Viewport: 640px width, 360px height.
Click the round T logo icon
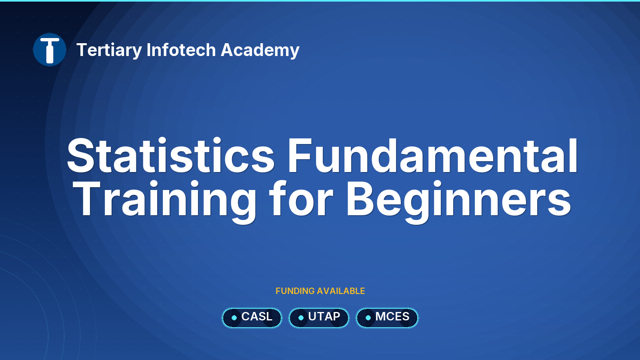50,50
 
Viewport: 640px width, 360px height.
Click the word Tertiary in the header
109,50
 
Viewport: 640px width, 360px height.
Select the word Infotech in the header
181,50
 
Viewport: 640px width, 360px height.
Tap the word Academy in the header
260,50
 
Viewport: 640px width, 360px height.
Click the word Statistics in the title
170,156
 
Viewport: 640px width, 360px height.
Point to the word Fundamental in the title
433,156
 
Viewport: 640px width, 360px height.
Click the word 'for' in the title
301,198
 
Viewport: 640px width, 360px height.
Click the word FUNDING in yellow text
295,291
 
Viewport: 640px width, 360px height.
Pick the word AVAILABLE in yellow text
341,291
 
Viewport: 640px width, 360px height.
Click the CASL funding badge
252,318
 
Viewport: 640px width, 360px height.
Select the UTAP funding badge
319,318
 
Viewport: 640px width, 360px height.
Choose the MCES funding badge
387,318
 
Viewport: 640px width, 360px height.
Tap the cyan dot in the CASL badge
234,318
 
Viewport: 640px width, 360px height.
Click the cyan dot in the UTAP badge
301,318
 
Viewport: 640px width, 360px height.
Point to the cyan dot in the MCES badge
368,318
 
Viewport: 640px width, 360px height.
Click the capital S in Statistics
81,156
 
